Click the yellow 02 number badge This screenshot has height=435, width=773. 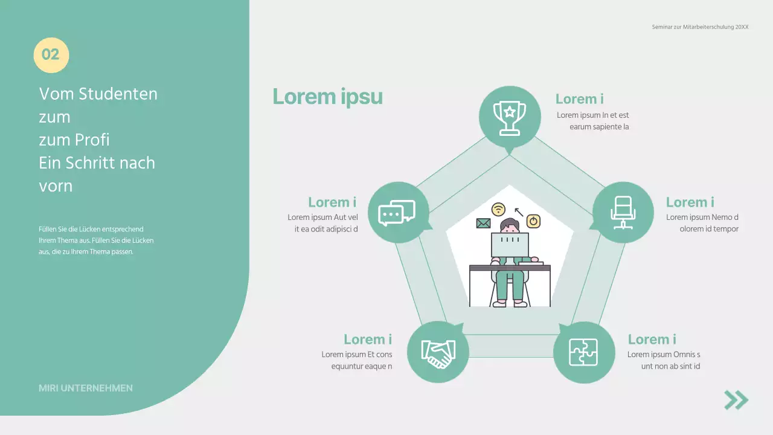tap(51, 55)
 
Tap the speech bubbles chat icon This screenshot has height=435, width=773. tap(397, 213)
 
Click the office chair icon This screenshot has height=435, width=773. tap(623, 213)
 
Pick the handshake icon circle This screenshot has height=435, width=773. tap(438, 352)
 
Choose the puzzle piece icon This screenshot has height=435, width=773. tap(583, 352)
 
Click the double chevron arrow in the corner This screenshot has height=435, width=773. tap(736, 400)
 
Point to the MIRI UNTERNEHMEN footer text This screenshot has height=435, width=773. tap(86, 388)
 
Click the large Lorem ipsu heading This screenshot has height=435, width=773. tap(327, 97)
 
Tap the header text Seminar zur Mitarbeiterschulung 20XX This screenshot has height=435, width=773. tap(700, 27)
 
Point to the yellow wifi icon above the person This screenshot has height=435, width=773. tap(498, 209)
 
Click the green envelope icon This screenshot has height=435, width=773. tap(483, 224)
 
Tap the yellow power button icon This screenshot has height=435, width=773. tap(533, 221)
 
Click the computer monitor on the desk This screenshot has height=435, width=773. tap(510, 245)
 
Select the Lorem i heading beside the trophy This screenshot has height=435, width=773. tap(579, 99)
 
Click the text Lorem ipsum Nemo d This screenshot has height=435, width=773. tap(702, 217)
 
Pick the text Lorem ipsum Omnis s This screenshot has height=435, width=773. tap(664, 355)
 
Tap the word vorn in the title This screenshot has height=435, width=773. tap(56, 186)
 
